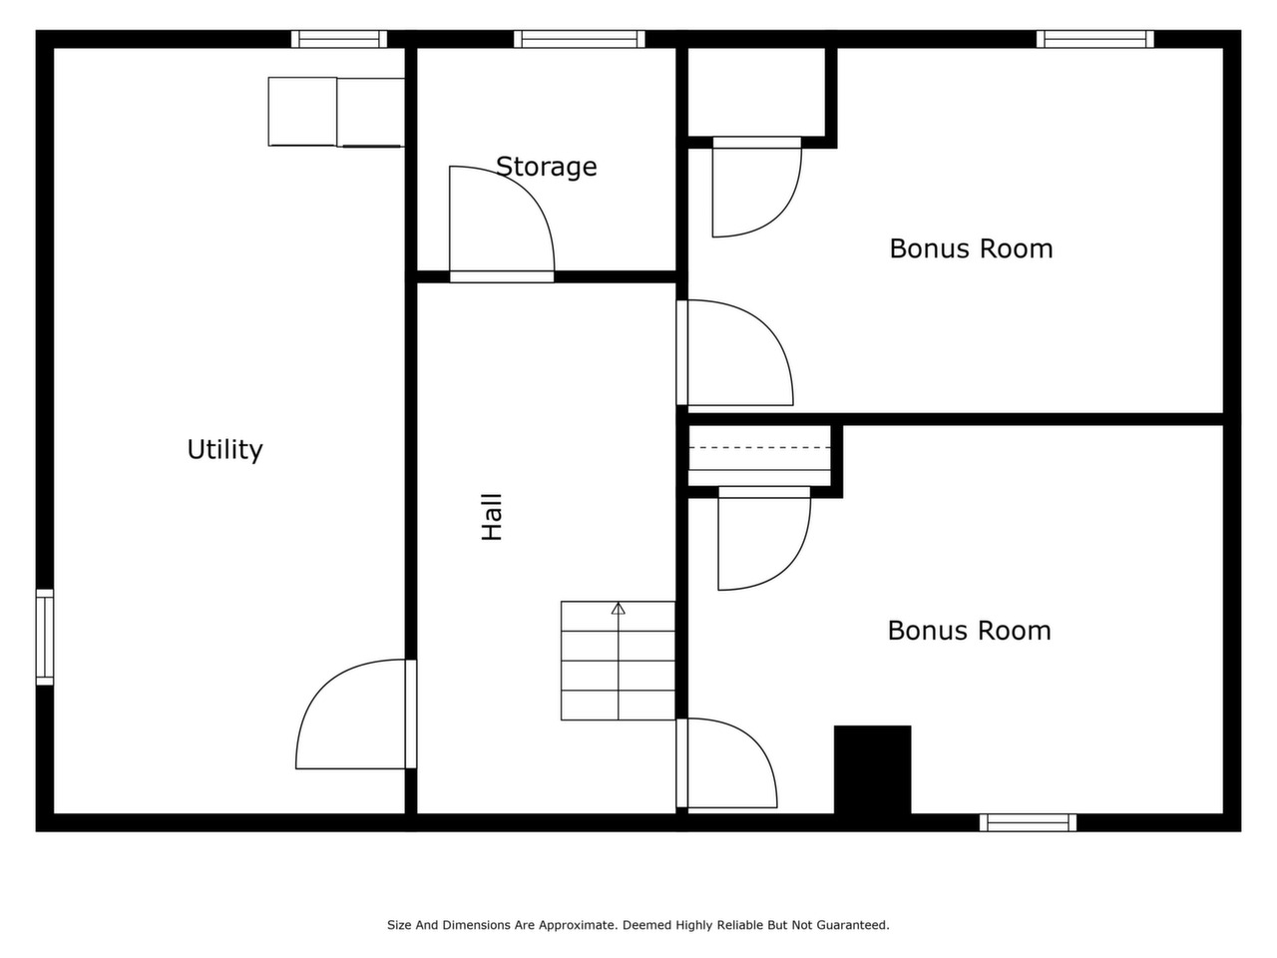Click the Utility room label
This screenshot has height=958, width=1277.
pyautogui.click(x=224, y=450)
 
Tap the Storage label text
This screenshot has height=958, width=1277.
pyautogui.click(x=547, y=167)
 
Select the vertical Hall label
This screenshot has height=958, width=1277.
pyautogui.click(x=492, y=517)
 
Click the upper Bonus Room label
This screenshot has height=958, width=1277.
pyautogui.click(x=971, y=248)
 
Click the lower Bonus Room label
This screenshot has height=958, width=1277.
pyautogui.click(x=970, y=631)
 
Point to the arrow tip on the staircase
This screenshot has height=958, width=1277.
pyautogui.click(x=618, y=604)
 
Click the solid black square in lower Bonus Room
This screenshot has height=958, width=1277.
pyautogui.click(x=872, y=769)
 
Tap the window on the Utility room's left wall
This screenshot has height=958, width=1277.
pyautogui.click(x=45, y=637)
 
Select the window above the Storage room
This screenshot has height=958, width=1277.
pyautogui.click(x=579, y=39)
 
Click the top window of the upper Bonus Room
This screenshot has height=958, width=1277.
pyautogui.click(x=1094, y=39)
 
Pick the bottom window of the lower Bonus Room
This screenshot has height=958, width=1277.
pyautogui.click(x=1028, y=822)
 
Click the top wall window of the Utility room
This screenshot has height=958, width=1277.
pyautogui.click(x=339, y=39)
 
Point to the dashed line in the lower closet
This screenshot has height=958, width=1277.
pyautogui.click(x=759, y=447)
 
